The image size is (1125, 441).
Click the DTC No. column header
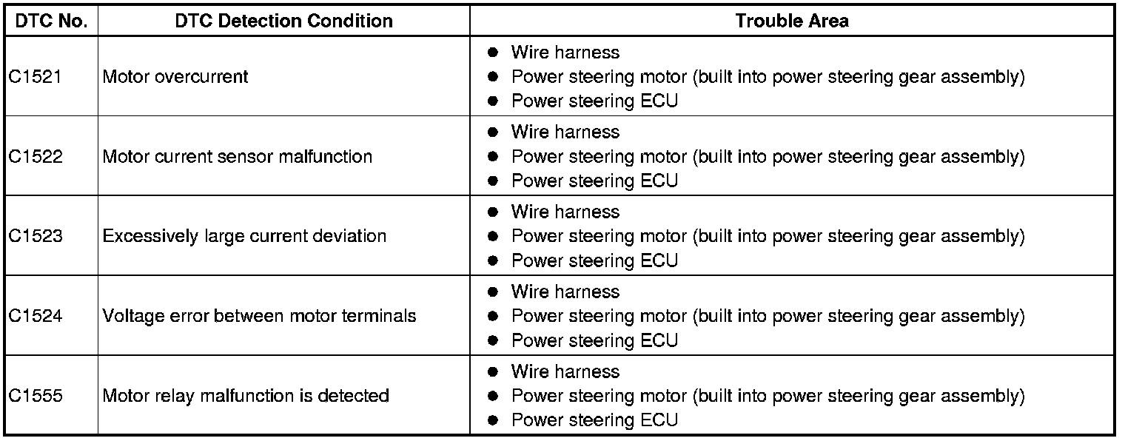point(51,21)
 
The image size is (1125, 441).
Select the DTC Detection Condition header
point(284,21)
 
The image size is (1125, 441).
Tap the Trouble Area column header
point(792,21)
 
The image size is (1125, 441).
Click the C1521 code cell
point(36,77)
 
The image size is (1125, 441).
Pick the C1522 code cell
point(36,157)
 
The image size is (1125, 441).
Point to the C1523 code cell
point(36,237)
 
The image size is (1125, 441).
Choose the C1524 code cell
point(36,317)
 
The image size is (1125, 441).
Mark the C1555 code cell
point(36,397)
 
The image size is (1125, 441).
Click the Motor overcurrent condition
point(175,77)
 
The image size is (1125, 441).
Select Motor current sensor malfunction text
point(237,157)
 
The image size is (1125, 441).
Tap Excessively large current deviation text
point(244,237)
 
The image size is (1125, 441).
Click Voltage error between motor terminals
point(259,317)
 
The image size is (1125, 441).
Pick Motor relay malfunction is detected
point(246,397)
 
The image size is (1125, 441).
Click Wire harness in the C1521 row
point(565,53)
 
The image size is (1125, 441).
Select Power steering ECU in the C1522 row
point(594,181)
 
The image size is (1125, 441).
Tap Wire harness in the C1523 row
point(565,212)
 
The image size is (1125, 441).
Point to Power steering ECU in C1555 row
point(594,421)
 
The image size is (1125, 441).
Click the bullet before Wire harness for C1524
point(493,292)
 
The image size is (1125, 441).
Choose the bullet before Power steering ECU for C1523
point(493,261)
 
